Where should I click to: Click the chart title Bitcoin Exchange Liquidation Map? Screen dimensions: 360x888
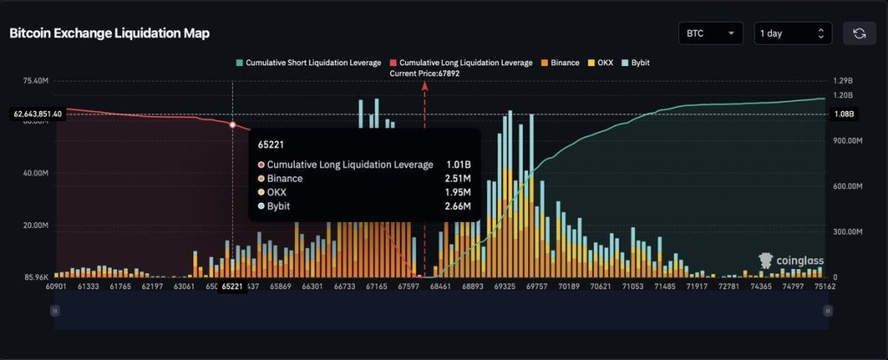click(x=109, y=33)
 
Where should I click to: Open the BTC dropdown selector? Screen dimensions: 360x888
click(x=710, y=33)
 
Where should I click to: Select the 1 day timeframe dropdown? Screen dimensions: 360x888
click(x=793, y=33)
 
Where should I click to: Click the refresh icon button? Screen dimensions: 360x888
click(x=859, y=33)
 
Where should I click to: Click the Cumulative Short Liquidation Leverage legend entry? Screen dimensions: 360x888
click(x=310, y=63)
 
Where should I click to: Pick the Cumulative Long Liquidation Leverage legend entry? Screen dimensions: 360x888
click(x=462, y=63)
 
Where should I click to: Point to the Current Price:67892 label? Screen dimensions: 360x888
click(x=424, y=74)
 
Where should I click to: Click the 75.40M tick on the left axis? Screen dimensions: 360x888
click(x=35, y=82)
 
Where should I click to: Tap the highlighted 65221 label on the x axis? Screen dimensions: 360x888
click(x=232, y=285)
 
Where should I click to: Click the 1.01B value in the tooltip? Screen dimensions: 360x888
click(x=458, y=164)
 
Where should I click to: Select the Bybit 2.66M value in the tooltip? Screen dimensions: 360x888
click(x=457, y=206)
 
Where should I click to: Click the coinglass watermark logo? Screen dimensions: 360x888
click(x=791, y=261)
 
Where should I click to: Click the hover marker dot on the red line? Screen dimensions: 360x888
click(x=232, y=125)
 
